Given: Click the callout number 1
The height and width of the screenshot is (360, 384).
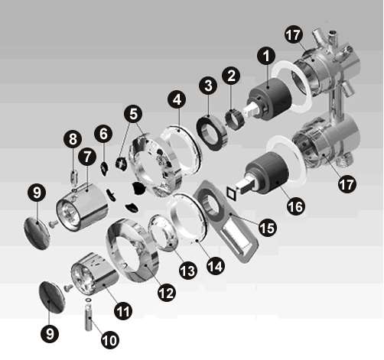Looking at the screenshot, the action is tap(266, 56).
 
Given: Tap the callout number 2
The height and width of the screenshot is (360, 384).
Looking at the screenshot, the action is tap(231, 76).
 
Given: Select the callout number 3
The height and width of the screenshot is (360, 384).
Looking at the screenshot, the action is tap(208, 86).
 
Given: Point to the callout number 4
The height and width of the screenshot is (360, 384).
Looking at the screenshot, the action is tap(177, 99).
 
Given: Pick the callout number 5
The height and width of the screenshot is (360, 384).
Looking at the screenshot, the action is tap(133, 114).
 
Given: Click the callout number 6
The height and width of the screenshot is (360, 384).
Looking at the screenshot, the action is tap(103, 134).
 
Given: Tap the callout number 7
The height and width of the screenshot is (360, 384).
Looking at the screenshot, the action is tap(87, 157).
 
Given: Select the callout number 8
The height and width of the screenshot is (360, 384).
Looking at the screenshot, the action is tap(73, 139).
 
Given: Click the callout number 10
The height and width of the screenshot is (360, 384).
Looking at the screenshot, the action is tap(110, 339).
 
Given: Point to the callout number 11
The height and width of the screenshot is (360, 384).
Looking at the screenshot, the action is tap(123, 310).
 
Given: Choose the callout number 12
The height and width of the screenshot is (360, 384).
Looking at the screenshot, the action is tap(167, 292).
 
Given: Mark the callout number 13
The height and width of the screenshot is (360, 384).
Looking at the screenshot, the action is tap(188, 271).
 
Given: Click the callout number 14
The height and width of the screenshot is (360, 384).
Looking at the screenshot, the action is tap(216, 266).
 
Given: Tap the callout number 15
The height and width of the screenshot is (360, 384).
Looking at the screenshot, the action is tap(268, 228).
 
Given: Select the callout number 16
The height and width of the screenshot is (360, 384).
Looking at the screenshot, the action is tap(296, 206).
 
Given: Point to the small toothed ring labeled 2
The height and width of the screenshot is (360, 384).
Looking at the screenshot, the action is tap(235, 119).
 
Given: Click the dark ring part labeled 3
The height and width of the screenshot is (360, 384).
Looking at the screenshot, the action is tap(212, 133).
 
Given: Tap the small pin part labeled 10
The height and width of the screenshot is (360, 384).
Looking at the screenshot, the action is tap(88, 319).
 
